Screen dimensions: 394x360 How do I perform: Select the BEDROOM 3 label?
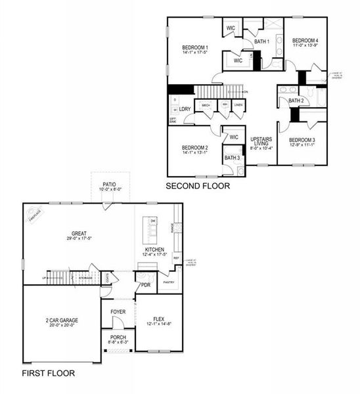[302, 141]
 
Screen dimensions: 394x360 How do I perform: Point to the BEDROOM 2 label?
[195, 148]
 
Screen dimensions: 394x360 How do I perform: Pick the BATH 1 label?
[262, 42]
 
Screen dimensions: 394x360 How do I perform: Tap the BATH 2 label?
[296, 100]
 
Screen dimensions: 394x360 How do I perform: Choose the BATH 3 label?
[232, 158]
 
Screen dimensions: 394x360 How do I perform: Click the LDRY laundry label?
[185, 109]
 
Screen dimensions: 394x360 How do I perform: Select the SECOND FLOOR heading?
[198, 186]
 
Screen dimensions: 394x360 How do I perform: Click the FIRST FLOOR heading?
[48, 373]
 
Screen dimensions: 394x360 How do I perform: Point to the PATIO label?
[109, 185]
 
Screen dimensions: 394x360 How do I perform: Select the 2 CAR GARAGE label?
[60, 322]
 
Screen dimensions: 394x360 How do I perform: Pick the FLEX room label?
[158, 320]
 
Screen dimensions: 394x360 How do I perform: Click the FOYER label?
[118, 311]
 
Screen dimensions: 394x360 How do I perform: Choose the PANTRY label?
[168, 283]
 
